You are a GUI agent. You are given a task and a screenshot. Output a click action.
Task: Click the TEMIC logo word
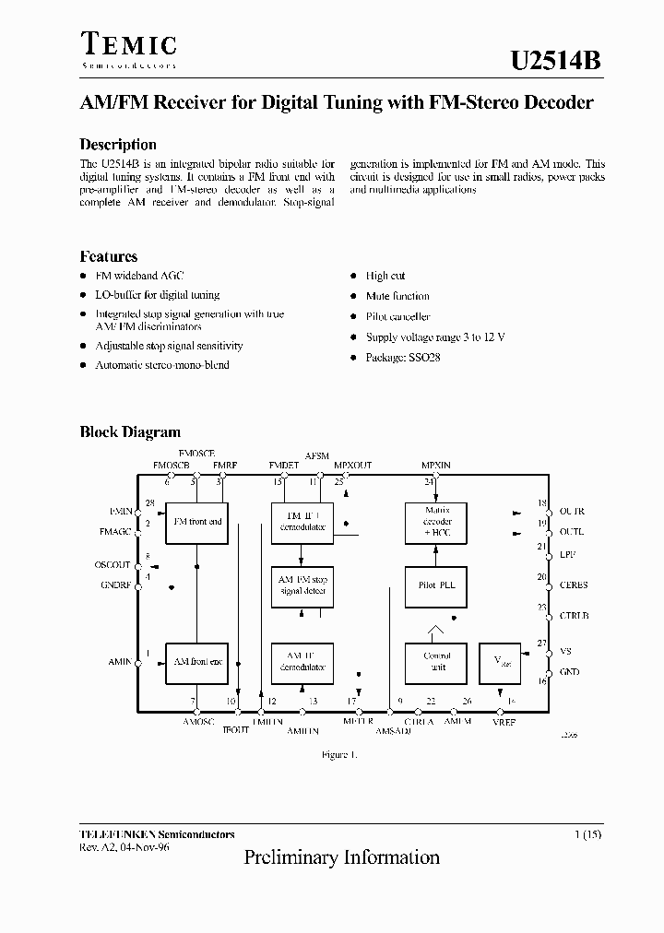point(128,45)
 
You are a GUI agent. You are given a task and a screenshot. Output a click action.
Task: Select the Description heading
point(118,145)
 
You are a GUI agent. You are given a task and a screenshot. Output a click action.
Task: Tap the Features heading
point(109,257)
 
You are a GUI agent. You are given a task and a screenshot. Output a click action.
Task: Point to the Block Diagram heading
point(130,431)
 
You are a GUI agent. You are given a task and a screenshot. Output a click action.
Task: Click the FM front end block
point(197,522)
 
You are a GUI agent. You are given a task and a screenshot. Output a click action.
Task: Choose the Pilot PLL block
point(436,585)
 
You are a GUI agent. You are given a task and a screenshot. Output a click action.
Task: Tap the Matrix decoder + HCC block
point(436,521)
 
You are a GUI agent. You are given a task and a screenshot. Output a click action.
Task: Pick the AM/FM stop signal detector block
point(302,585)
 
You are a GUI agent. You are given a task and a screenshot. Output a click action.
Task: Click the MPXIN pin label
point(436,466)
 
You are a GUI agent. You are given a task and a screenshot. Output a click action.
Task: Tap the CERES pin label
point(574,585)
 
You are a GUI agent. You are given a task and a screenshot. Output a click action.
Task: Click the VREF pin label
point(504,722)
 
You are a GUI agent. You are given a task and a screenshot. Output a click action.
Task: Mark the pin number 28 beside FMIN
point(148,503)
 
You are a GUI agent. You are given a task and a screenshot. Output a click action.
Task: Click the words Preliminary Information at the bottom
point(341,857)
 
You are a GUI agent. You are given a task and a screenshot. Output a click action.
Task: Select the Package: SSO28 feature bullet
point(403,357)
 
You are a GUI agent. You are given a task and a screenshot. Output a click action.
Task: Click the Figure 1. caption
point(338,754)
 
